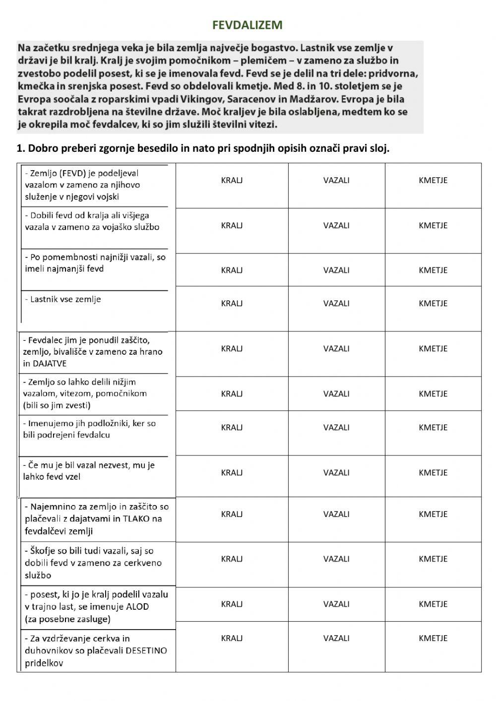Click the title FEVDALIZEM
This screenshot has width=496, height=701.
coord(247,25)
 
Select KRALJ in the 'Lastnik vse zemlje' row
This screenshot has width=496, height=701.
coord(232,303)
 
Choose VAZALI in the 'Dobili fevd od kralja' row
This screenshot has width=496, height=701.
coord(336,225)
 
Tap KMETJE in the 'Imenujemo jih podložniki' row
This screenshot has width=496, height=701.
coord(433,427)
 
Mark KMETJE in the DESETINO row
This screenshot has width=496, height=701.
coord(433,638)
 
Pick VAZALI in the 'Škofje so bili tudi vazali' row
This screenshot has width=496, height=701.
coord(336,559)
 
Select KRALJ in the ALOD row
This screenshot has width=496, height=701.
coord(232,604)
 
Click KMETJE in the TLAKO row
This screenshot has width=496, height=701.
coord(433,514)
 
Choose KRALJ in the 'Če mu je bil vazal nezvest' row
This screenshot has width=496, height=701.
coord(232,472)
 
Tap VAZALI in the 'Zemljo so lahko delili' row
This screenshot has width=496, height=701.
coord(336,393)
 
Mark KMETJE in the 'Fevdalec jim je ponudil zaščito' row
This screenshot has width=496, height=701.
coord(433,348)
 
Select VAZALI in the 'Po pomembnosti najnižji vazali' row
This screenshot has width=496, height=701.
coord(336,270)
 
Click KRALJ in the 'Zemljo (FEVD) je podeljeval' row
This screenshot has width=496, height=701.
coord(232,180)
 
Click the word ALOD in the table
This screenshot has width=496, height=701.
coord(137,607)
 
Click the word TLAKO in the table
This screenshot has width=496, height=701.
coord(136,519)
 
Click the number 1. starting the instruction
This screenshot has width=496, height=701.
coord(20,149)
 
